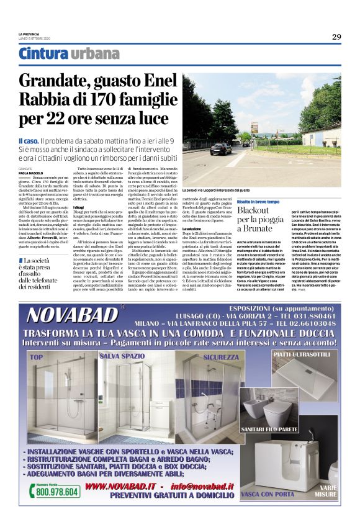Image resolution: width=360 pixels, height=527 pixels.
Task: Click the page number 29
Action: tap(336, 37)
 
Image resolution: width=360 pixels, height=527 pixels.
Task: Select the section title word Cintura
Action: tap(43, 54)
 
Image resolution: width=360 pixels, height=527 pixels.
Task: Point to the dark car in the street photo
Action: tap(220, 148)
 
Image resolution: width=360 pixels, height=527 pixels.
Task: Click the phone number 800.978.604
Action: tap(57, 491)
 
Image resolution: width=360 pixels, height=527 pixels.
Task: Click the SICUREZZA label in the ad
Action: tap(220, 357)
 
